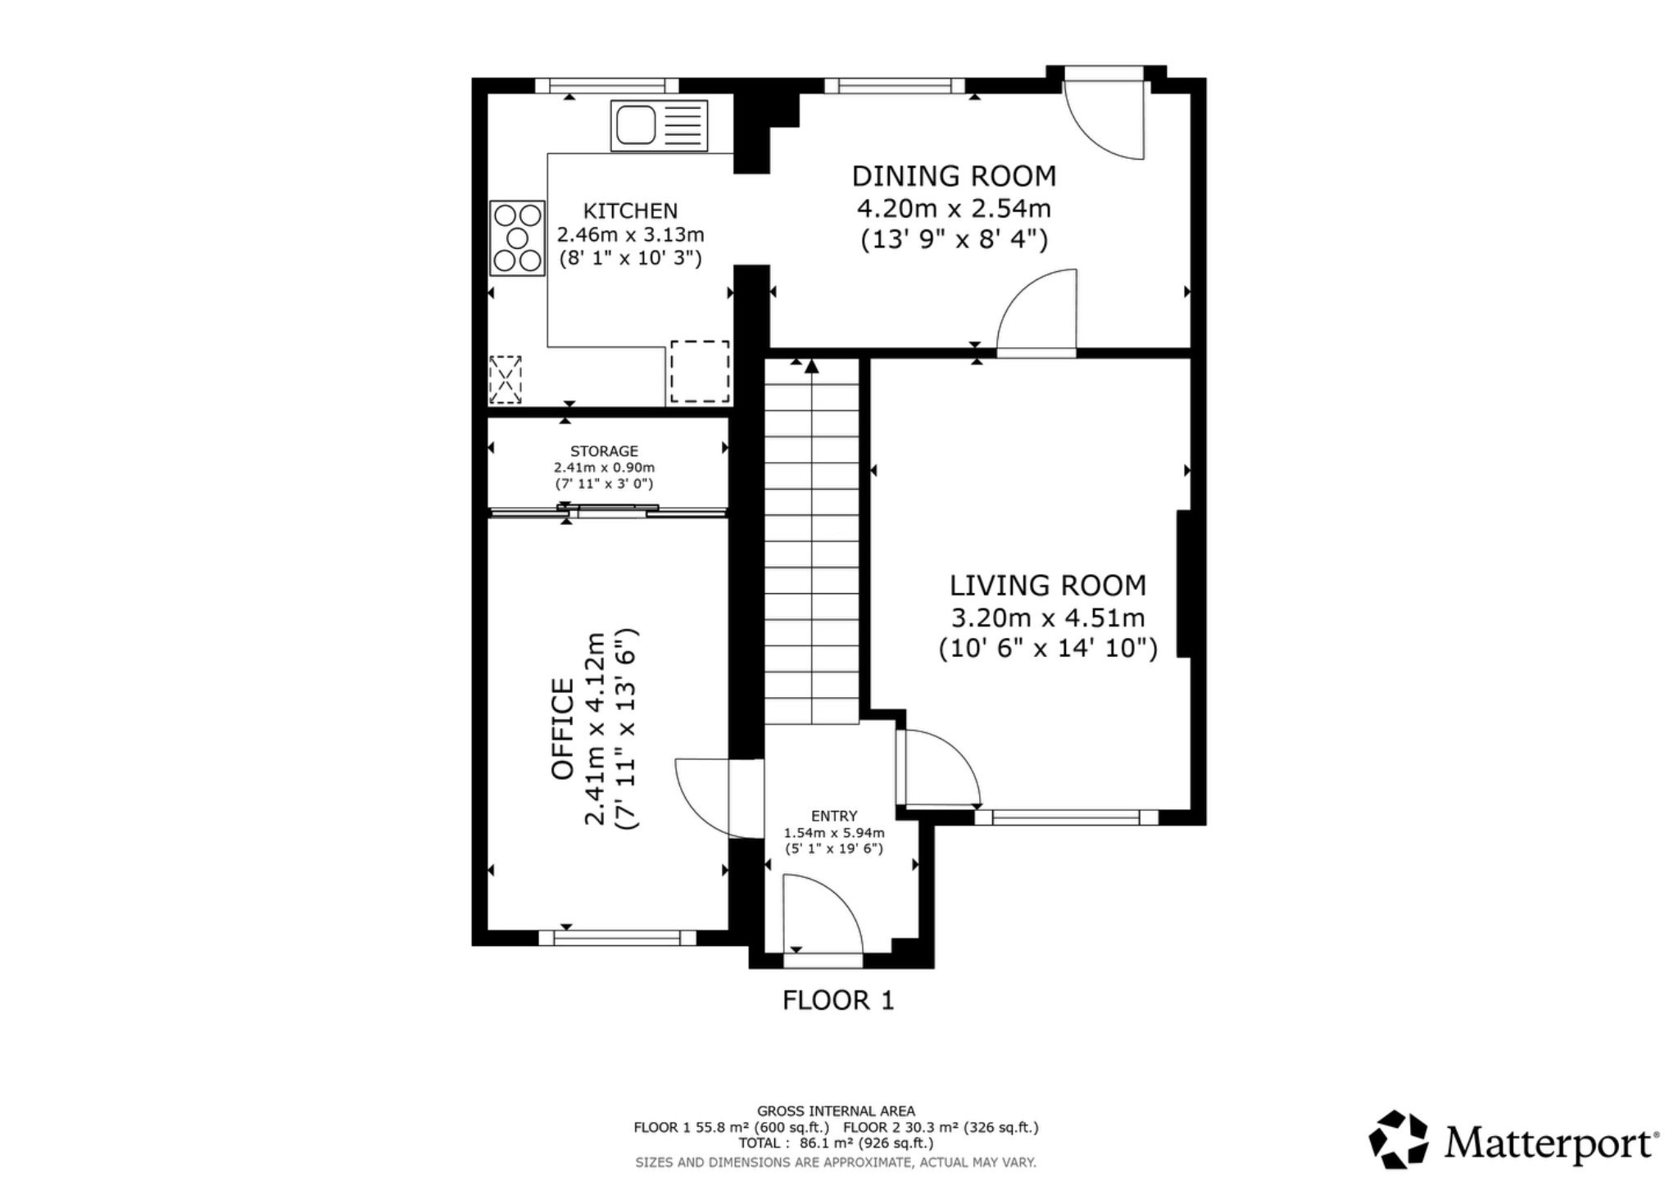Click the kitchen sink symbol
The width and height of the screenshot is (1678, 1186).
(658, 125)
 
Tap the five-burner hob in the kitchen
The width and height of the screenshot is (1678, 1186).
(517, 238)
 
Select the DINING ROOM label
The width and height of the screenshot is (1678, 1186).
(954, 176)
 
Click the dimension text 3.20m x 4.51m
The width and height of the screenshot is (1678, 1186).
(1047, 617)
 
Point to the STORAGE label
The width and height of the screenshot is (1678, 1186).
(604, 451)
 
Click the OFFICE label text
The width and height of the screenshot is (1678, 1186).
(563, 728)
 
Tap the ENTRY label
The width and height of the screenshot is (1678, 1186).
(834, 816)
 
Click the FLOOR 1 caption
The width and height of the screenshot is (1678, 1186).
(837, 1000)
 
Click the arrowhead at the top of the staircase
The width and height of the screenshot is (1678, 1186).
(811, 366)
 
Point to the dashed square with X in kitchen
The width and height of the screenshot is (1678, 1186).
(506, 379)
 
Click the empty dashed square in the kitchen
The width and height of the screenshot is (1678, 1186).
(700, 371)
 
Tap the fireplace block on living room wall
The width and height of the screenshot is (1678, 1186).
(1183, 583)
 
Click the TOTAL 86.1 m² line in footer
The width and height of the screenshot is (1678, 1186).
(835, 1143)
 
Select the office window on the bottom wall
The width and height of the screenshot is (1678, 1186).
(617, 938)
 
